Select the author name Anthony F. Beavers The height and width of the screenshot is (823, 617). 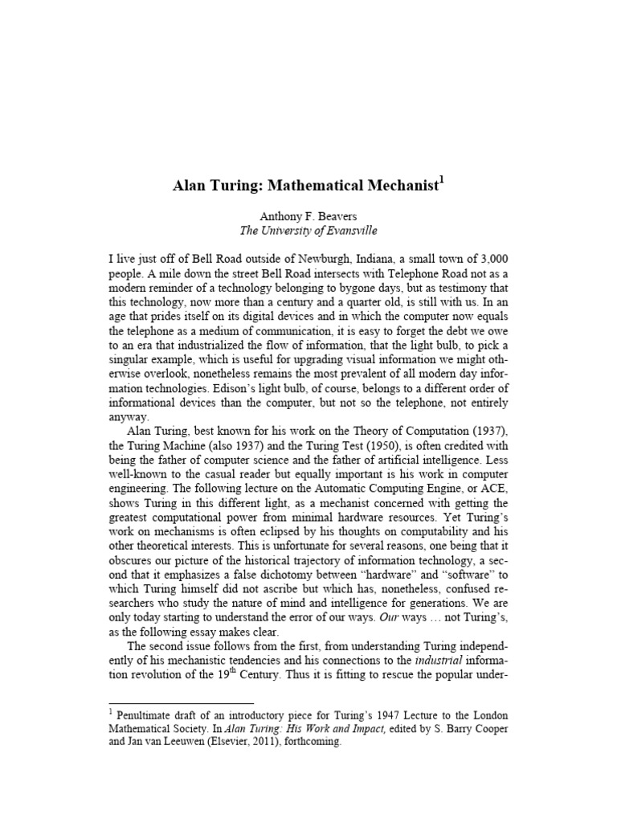pos(308,215)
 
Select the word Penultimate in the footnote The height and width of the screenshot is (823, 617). pos(149,715)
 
